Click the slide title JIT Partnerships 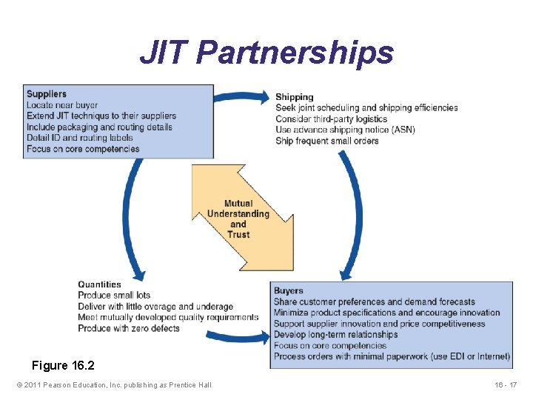coord(266,53)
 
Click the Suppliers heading coord(46,94)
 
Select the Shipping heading coord(294,97)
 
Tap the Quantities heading coord(99,284)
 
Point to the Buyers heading coord(288,291)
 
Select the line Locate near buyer coord(61,105)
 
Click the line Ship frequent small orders coord(326,141)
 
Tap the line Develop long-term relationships coord(335,335)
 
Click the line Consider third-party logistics coord(331,119)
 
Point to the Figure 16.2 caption coord(63,366)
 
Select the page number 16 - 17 coord(506,384)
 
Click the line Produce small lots coord(114,296)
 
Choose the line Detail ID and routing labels coord(79,138)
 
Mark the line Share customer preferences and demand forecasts coord(374,301)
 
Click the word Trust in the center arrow coord(238,235)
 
